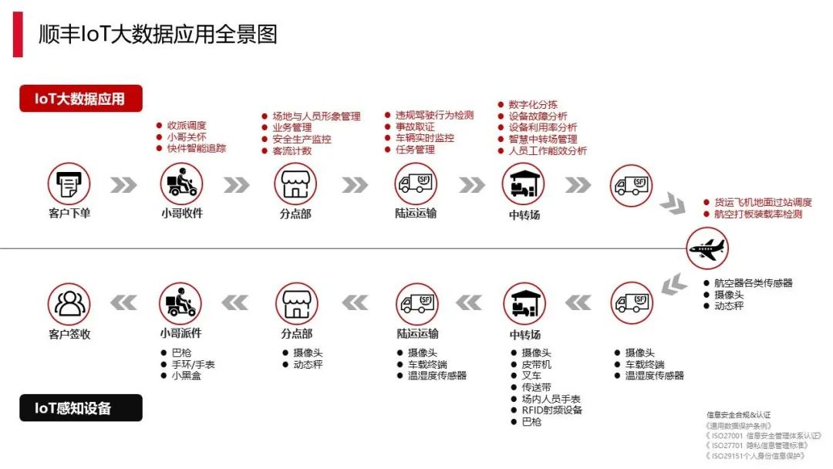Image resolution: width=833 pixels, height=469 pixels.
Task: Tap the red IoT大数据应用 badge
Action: (x=81, y=99)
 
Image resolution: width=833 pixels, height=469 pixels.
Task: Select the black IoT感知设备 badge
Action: (x=81, y=408)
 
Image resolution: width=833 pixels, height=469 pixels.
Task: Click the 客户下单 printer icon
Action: (x=69, y=184)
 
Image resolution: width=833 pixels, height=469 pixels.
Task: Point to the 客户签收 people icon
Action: (x=69, y=303)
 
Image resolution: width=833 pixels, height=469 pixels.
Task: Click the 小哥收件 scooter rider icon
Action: (x=181, y=184)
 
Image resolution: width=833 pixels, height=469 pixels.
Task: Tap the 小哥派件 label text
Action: (x=180, y=334)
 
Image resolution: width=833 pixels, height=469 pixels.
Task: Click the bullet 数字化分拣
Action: (x=533, y=105)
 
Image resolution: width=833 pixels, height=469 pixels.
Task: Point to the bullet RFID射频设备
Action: (x=552, y=410)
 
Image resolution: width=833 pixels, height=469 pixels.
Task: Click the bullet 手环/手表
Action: (x=193, y=364)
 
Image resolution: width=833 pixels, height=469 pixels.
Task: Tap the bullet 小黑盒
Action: (x=187, y=376)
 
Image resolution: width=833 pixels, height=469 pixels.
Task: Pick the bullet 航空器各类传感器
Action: (x=753, y=283)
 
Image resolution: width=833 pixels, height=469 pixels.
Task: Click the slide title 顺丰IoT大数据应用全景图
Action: (x=158, y=34)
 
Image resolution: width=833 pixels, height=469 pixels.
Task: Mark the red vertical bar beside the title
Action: (x=18, y=34)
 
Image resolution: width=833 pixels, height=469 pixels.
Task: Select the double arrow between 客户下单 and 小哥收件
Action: (x=123, y=185)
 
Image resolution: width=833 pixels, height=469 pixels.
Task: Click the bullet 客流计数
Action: (x=292, y=150)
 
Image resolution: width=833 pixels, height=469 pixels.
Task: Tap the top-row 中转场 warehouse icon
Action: (x=524, y=184)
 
